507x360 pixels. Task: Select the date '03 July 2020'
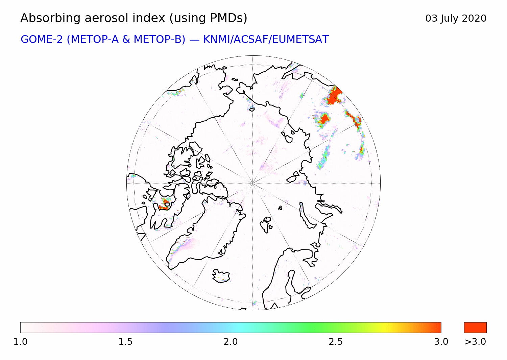point(456,19)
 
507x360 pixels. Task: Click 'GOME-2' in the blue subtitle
point(42,40)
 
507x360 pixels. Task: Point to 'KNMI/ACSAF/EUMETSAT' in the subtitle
point(266,40)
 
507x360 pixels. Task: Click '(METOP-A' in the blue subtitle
point(93,40)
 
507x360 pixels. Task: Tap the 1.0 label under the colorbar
point(20,342)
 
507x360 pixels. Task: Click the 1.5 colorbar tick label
point(125,342)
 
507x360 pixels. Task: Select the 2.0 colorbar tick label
point(231,342)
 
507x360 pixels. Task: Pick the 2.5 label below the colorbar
point(336,342)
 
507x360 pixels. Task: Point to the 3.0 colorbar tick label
point(441,342)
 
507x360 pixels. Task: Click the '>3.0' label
point(475,342)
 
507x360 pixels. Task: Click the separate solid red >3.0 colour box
point(475,328)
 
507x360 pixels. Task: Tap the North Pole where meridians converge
point(253,184)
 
